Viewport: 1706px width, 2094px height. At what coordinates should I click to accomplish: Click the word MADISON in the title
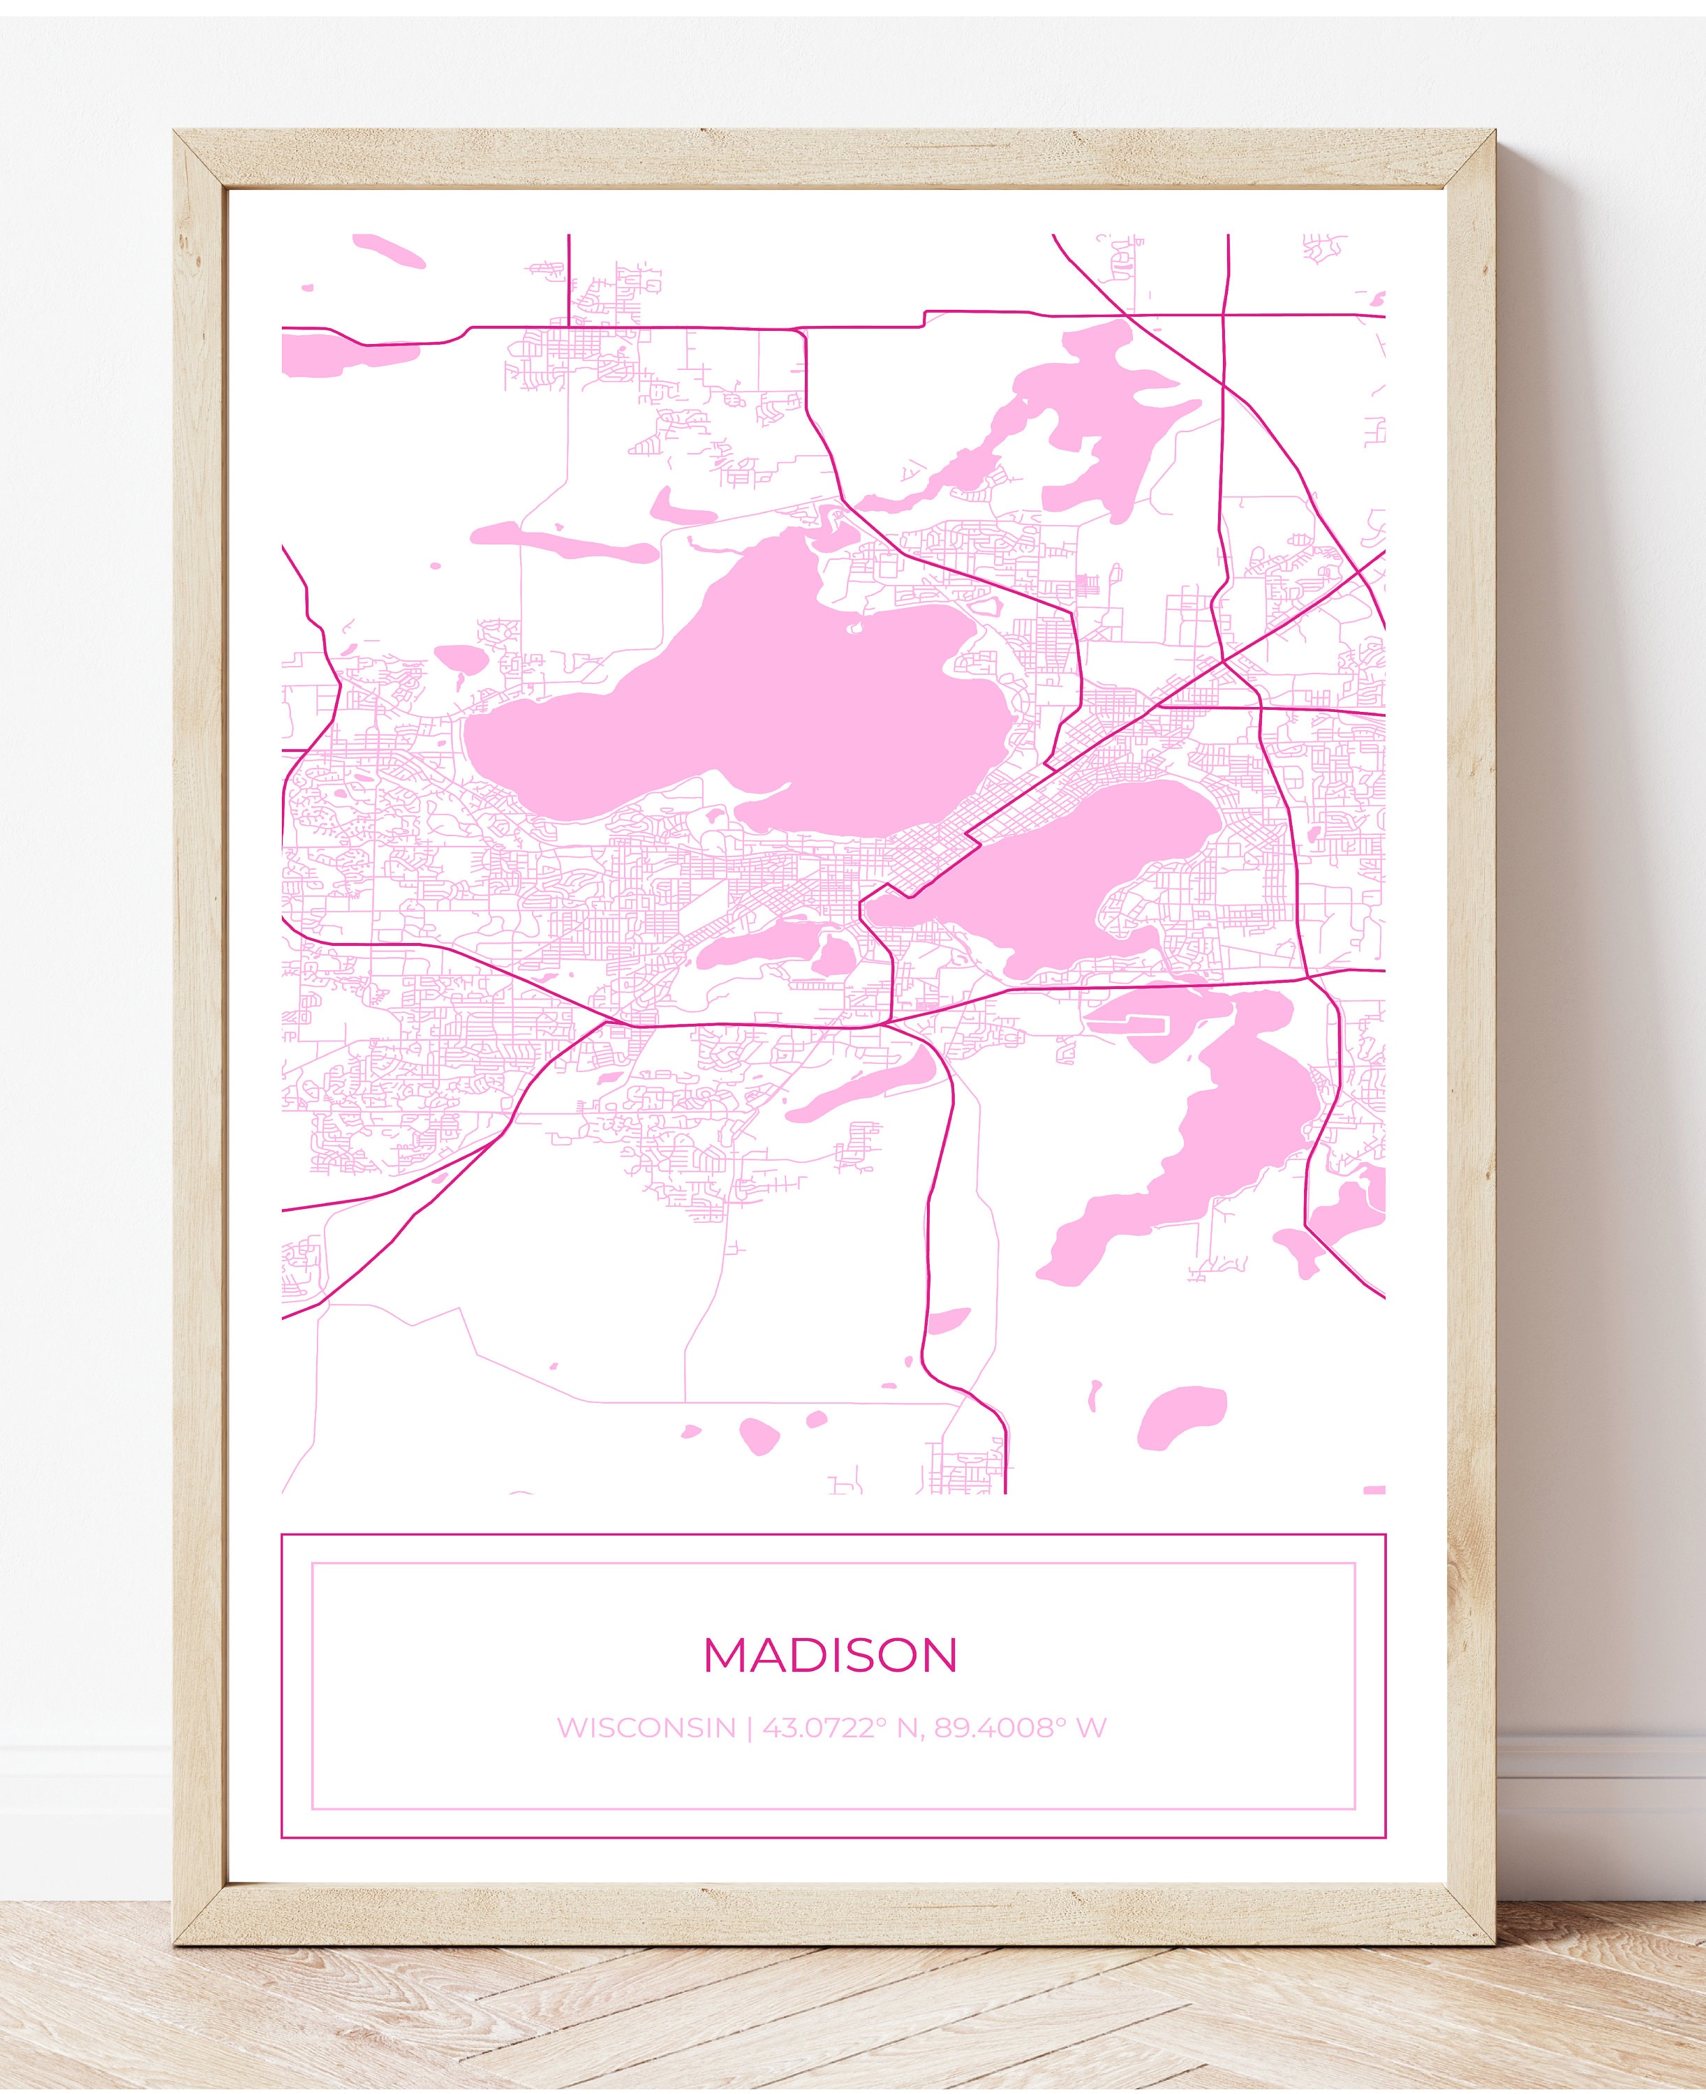[831, 1656]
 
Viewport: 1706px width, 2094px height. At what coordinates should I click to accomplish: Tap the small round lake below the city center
[836, 953]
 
